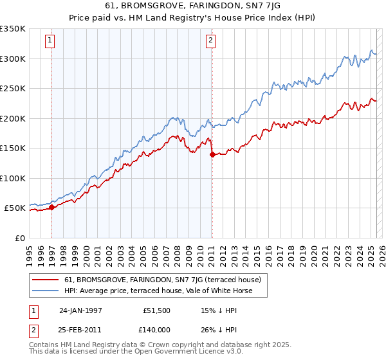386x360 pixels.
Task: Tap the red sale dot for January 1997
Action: pos(52,207)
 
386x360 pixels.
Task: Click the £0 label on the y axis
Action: pos(20,238)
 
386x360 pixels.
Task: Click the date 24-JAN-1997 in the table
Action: pos(80,310)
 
